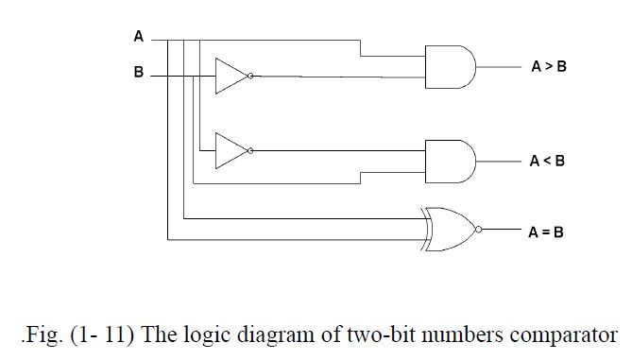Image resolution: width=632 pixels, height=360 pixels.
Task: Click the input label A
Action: pyautogui.click(x=138, y=37)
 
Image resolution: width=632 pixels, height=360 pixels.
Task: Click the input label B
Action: pyautogui.click(x=138, y=73)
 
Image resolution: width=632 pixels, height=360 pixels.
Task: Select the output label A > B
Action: pyautogui.click(x=548, y=67)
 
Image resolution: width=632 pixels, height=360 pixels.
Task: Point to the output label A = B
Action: pyautogui.click(x=545, y=231)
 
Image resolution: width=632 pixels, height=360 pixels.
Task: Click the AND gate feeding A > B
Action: pyautogui.click(x=451, y=66)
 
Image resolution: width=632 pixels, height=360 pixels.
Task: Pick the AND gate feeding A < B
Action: pyautogui.click(x=451, y=160)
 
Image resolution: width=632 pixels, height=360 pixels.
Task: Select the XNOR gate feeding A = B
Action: pyautogui.click(x=449, y=228)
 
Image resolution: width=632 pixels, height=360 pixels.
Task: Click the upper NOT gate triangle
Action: pyautogui.click(x=230, y=76)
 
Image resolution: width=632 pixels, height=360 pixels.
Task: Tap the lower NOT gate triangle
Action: pyautogui.click(x=230, y=150)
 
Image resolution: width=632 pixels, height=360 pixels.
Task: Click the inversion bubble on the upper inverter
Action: pyautogui.click(x=250, y=76)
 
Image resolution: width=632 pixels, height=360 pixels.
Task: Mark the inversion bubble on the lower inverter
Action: pyautogui.click(x=250, y=150)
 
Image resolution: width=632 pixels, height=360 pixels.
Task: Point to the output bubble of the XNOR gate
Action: pyautogui.click(x=480, y=229)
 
